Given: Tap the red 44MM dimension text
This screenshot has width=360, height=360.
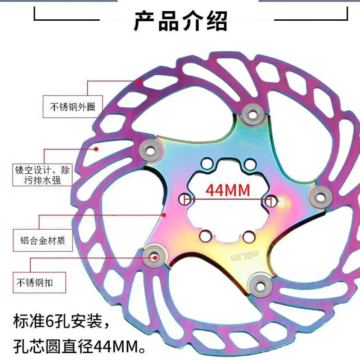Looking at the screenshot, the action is coord(228,190).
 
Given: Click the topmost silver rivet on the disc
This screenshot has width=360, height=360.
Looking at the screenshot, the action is coord(252,112).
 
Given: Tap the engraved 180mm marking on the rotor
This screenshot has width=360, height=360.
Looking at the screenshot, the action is coord(251,145).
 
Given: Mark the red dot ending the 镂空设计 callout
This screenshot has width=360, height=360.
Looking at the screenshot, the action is coord(96,148).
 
